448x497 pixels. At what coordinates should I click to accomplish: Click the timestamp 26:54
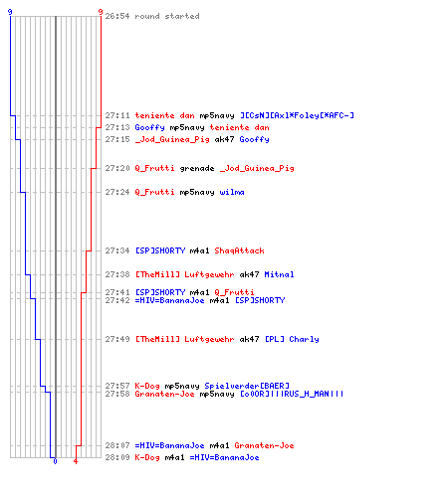pos(117,16)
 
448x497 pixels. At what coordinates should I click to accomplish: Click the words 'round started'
pos(167,16)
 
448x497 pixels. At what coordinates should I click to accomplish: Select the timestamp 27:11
pos(117,115)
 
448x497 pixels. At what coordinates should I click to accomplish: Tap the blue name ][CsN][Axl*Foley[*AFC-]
pos(297,115)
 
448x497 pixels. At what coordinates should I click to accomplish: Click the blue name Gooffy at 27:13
pos(149,127)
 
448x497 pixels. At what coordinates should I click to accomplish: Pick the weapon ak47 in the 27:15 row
pos(224,139)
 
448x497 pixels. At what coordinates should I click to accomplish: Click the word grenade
pos(197,169)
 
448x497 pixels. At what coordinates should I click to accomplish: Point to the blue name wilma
pos(232,192)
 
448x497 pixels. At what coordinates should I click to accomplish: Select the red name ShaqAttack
pos(239,250)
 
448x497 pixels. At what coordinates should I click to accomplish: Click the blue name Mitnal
pos(279,274)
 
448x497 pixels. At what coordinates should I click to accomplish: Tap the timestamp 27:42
pos(117,300)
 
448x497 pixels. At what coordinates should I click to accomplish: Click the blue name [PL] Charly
pos(292,339)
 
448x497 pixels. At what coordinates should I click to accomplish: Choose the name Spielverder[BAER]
pos(247,386)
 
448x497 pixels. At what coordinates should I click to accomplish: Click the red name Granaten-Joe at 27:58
pos(164,394)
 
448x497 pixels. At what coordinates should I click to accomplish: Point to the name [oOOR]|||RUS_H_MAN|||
pos(292,394)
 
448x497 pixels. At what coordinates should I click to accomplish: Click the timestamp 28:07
pos(117,445)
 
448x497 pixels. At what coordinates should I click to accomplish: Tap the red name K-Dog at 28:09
pos(147,457)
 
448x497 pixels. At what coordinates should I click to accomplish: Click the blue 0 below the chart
pos(55,461)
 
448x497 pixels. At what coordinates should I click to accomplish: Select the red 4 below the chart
pos(76,461)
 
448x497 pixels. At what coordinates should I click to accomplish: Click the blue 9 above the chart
pos(10,12)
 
